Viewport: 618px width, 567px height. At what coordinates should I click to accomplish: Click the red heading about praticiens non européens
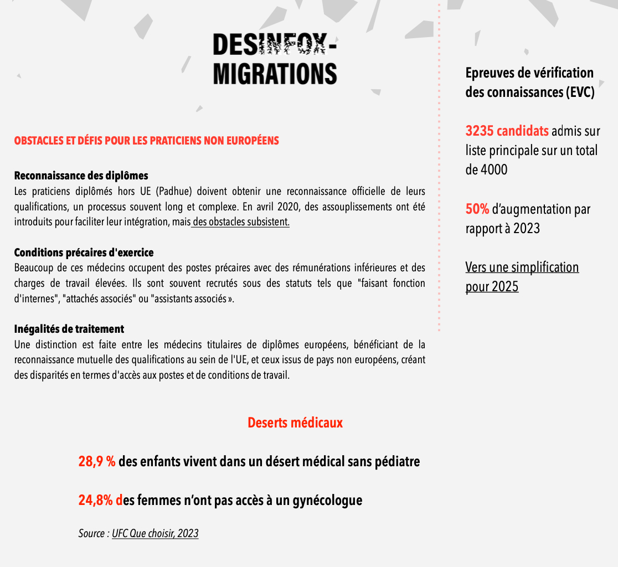pos(146,141)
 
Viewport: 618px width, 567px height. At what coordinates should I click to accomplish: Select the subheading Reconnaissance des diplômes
pos(81,176)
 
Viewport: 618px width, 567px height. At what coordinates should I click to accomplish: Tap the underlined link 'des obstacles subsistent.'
pos(241,222)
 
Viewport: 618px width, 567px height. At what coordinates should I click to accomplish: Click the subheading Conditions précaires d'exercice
pos(84,252)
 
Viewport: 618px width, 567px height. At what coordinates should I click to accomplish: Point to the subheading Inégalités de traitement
pos(69,329)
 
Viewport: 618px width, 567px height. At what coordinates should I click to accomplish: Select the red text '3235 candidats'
pos(507,131)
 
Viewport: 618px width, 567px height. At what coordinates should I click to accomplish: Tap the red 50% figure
pos(477,209)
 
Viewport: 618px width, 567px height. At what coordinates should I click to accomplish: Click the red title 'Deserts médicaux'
pos(295,423)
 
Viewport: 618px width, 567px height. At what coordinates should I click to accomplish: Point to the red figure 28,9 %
pos(97,461)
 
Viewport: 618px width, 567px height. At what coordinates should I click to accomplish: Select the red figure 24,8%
pos(96,501)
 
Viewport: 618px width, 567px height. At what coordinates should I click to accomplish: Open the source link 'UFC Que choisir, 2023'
pos(155,534)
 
